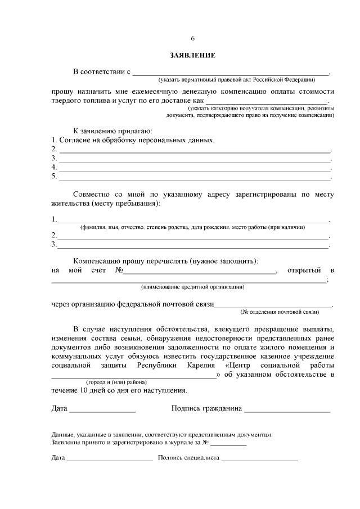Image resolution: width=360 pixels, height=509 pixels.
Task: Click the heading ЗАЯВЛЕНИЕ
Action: [192, 56]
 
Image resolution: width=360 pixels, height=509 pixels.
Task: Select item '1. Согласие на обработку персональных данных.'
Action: [133, 139]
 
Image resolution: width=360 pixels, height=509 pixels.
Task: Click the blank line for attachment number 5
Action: [195, 178]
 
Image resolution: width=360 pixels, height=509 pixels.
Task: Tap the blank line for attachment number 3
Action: [195, 160]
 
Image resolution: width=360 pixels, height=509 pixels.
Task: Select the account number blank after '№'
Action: [200, 273]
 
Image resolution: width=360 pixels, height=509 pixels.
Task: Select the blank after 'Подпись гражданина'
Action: [287, 412]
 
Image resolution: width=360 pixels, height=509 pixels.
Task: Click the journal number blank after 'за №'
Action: [228, 444]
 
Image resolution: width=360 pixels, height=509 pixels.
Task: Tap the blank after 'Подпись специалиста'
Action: [259, 460]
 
